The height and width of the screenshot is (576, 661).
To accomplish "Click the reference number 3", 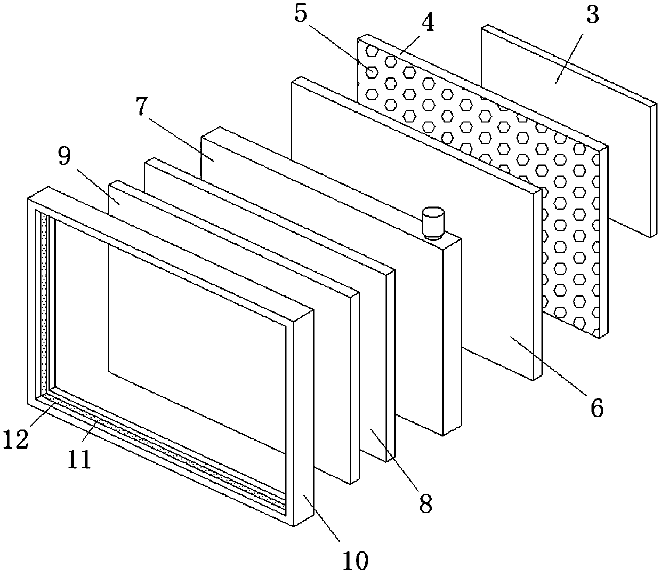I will [593, 17].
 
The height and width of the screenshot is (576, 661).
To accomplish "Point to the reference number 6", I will [596, 408].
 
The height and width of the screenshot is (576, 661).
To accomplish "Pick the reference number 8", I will [425, 502].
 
